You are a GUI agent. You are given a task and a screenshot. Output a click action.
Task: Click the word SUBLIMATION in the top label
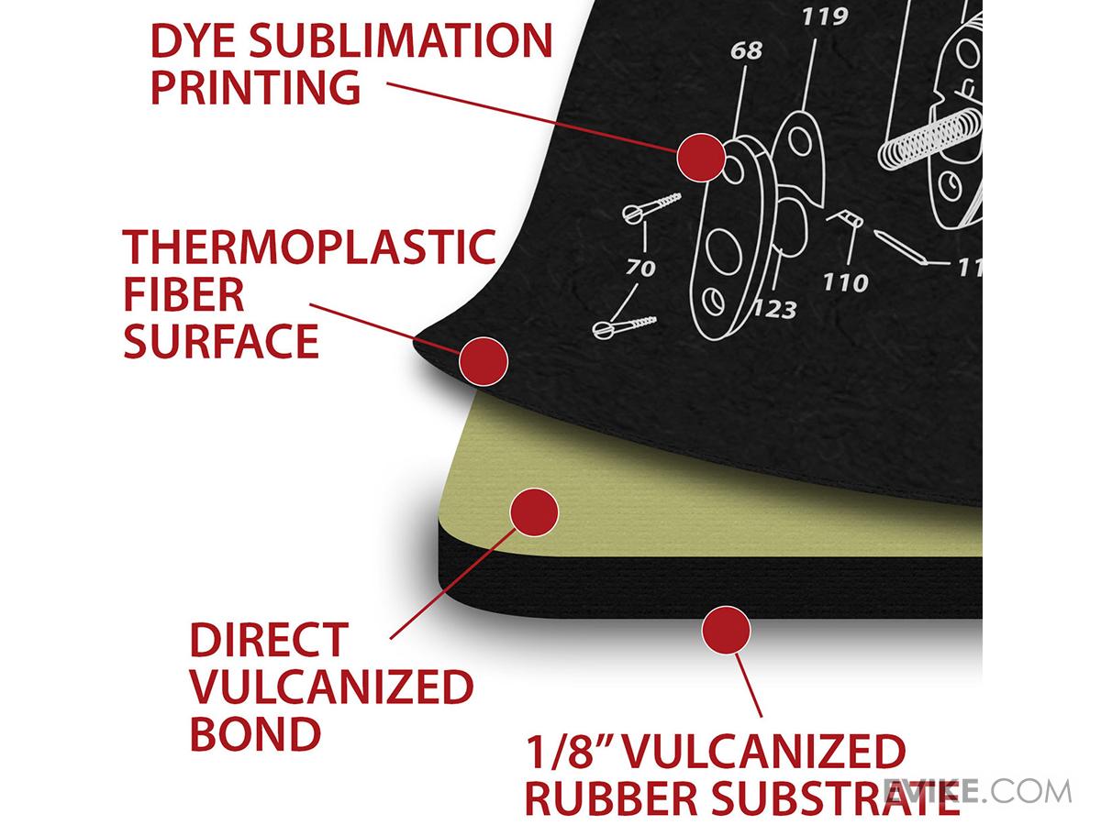coord(400,40)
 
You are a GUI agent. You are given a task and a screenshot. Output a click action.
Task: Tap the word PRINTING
coord(255,87)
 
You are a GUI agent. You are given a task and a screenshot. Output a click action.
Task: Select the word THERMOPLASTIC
coord(309,247)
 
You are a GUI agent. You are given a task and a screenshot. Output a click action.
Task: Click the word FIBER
coord(183,294)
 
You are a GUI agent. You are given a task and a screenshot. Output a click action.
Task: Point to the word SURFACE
coord(221,341)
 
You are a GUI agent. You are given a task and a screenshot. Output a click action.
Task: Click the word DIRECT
coord(270,640)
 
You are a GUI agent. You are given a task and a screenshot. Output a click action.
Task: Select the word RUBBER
coord(611,797)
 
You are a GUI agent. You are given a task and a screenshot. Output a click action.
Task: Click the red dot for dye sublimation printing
coord(701,158)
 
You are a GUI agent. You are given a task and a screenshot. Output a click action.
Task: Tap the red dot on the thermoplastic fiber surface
coord(484,361)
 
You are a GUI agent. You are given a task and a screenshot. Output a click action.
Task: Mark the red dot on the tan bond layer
coord(534,511)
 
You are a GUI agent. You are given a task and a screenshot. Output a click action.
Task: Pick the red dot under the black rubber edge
coord(727,630)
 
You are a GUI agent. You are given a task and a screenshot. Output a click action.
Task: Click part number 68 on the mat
coord(746,50)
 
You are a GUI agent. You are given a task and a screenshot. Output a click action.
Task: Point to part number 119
coord(825,16)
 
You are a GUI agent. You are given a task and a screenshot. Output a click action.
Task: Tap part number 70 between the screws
coord(640,268)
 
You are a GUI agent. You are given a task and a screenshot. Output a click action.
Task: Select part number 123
coord(775,310)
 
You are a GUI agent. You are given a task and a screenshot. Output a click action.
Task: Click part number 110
coord(846,282)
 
